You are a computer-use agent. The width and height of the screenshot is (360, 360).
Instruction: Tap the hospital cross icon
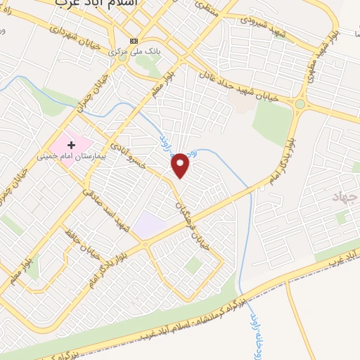coord(72,144)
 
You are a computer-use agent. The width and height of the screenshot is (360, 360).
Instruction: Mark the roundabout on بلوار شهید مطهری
coord(300,105)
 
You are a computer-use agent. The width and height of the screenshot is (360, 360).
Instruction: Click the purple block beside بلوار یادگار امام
coord(148,226)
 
